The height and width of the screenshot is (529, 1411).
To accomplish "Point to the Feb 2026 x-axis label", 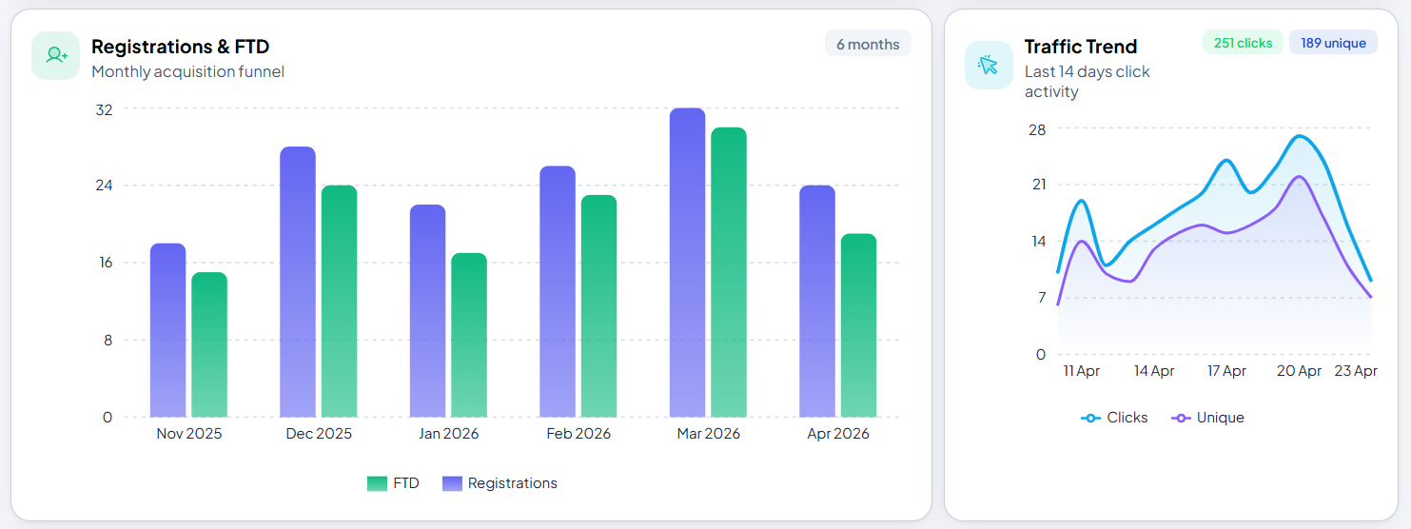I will [x=578, y=434].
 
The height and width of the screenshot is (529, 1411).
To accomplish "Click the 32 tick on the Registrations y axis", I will [x=104, y=109].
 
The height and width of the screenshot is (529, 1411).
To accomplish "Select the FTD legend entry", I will [x=393, y=483].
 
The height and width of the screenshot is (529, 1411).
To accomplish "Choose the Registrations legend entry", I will [x=500, y=483].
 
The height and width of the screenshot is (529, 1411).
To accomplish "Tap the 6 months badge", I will [x=868, y=44].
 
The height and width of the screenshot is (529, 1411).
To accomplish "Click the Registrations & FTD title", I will [x=180, y=47].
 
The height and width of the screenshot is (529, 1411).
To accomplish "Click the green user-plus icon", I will [x=56, y=55].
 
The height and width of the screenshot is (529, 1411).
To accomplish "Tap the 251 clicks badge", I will [x=1243, y=43].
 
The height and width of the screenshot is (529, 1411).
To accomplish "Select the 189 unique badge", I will [x=1333, y=43].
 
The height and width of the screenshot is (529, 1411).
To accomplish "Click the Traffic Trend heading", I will [x=1080, y=47].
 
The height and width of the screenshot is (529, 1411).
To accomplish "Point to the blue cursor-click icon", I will [x=989, y=65].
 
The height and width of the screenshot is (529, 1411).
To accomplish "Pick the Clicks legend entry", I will [x=1115, y=418].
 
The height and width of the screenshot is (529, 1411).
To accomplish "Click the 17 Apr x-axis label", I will [x=1226, y=371].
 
